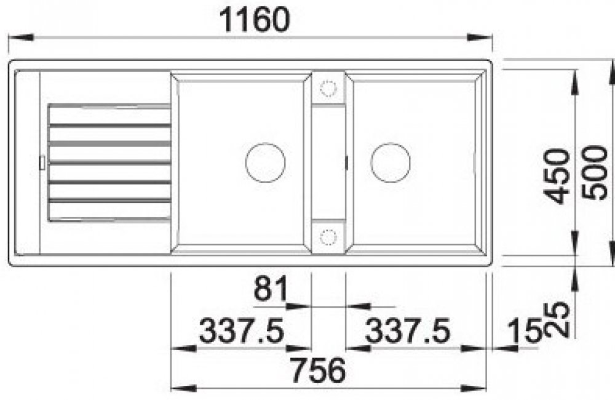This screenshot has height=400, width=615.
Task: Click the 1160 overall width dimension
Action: pos(255,20)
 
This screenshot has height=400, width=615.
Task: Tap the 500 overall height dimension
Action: pos(595,173)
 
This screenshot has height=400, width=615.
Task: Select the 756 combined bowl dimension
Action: pos(319,370)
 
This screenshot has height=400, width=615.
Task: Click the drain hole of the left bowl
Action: pos(265,162)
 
